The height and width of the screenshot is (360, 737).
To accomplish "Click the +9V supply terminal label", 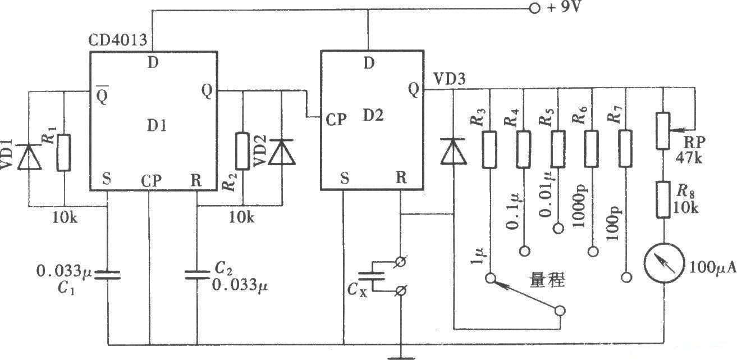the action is click(x=564, y=7).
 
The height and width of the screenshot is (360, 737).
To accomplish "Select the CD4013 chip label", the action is click(x=118, y=40).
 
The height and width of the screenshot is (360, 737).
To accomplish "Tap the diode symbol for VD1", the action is click(x=30, y=157).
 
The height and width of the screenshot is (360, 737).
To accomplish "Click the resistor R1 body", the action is click(x=64, y=153).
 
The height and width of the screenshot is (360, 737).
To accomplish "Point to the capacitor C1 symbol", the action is click(x=108, y=275).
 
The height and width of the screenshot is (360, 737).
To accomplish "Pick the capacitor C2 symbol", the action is click(x=197, y=275).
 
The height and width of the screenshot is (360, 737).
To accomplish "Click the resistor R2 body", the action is click(x=243, y=151).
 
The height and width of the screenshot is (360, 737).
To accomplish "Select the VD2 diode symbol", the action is click(x=282, y=152).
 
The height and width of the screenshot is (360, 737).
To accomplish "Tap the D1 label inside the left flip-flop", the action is click(x=157, y=125).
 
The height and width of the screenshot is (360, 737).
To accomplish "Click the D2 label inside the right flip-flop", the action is click(x=373, y=115).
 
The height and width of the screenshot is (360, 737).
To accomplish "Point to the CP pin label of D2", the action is click(x=336, y=120).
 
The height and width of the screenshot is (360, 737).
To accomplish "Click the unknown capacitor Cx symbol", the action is click(x=372, y=276).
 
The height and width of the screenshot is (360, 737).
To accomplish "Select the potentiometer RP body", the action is click(x=663, y=131).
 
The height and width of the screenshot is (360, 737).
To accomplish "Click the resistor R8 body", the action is click(x=663, y=200).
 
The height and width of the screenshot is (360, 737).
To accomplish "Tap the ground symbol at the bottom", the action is click(x=401, y=358).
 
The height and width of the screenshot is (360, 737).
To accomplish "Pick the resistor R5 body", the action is click(x=559, y=149).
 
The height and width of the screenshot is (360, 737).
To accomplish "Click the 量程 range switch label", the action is click(x=547, y=280).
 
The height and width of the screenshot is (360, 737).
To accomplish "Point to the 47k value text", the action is click(x=689, y=158).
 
